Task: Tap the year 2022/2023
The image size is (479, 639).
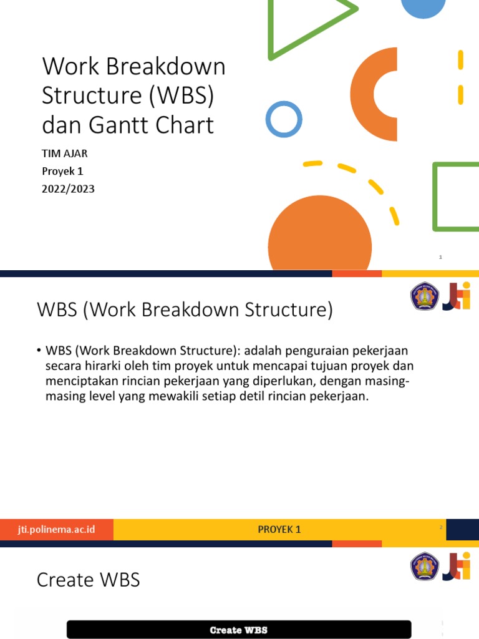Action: click(x=68, y=188)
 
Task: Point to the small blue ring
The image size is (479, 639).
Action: click(x=284, y=119)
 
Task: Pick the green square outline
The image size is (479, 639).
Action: click(x=456, y=197)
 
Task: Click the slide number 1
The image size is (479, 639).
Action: click(x=440, y=257)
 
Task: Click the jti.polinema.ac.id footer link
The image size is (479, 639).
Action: click(x=57, y=529)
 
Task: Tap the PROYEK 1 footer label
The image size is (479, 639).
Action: click(x=279, y=529)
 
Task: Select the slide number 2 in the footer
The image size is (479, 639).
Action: click(x=441, y=528)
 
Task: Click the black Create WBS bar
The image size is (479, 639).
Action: click(x=239, y=630)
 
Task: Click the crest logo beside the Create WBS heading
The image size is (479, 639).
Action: click(x=424, y=565)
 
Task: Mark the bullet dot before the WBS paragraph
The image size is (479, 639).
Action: click(x=39, y=350)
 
